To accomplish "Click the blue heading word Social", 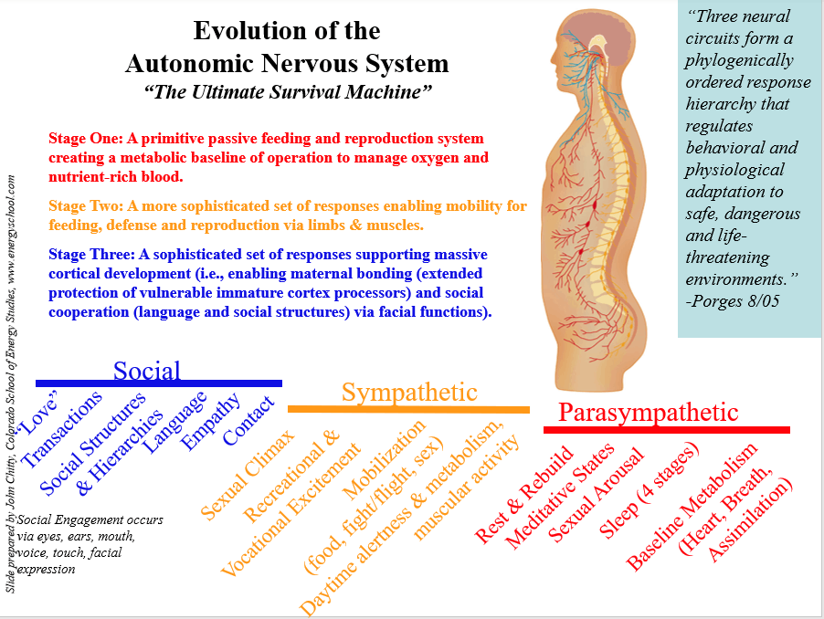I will pyautogui.click(x=147, y=370).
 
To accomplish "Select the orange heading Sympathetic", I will pyautogui.click(x=409, y=392).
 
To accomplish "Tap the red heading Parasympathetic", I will pyautogui.click(x=648, y=413).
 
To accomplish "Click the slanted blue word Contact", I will pyautogui.click(x=248, y=420).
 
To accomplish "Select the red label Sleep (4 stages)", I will pyautogui.click(x=650, y=489).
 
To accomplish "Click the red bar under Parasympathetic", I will pyautogui.click(x=666, y=429).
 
